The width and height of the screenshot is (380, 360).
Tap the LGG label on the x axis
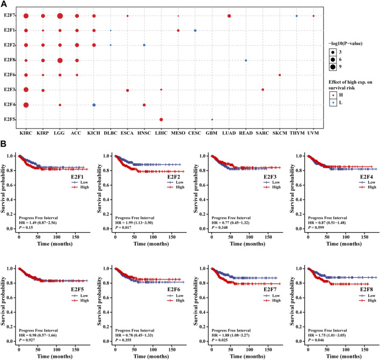pyautogui.click(x=60, y=131)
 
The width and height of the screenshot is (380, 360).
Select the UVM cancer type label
pyautogui.click(x=313, y=131)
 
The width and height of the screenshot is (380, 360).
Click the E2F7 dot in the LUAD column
pyautogui.click(x=229, y=16)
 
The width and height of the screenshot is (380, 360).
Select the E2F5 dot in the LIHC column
pyautogui.click(x=162, y=119)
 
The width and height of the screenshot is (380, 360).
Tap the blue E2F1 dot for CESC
pyautogui.click(x=195, y=31)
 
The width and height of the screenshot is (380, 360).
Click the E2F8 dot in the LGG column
pyautogui.click(x=60, y=60)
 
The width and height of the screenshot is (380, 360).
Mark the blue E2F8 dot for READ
pyautogui.click(x=246, y=60)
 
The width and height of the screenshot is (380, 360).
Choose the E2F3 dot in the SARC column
pyautogui.click(x=263, y=90)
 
